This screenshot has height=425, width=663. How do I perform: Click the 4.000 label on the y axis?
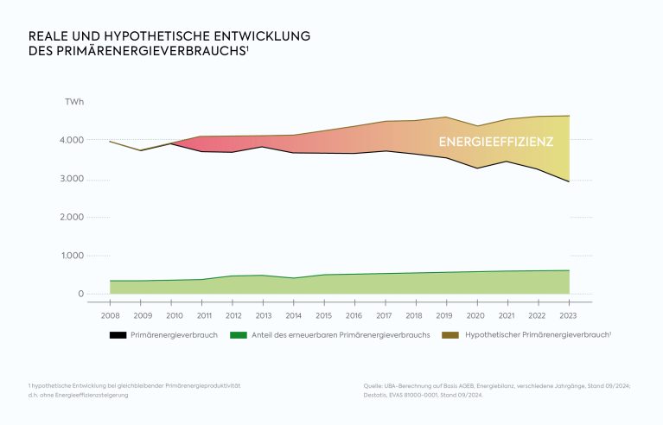point(72,140)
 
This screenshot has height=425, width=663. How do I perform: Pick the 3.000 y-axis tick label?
point(72,179)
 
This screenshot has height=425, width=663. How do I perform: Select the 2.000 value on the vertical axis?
point(72,217)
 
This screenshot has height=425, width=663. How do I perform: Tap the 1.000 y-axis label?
point(72,256)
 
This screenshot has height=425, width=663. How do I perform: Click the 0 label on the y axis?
point(80,294)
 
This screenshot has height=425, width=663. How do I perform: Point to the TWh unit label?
point(74,103)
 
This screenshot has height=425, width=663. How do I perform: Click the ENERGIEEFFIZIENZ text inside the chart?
point(495,142)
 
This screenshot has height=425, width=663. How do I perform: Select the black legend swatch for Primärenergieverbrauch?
point(118,333)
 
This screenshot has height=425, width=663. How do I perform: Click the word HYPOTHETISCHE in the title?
point(137,36)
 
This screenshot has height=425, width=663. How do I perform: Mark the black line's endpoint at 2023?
point(569,181)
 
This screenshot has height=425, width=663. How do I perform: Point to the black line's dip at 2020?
point(477,168)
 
